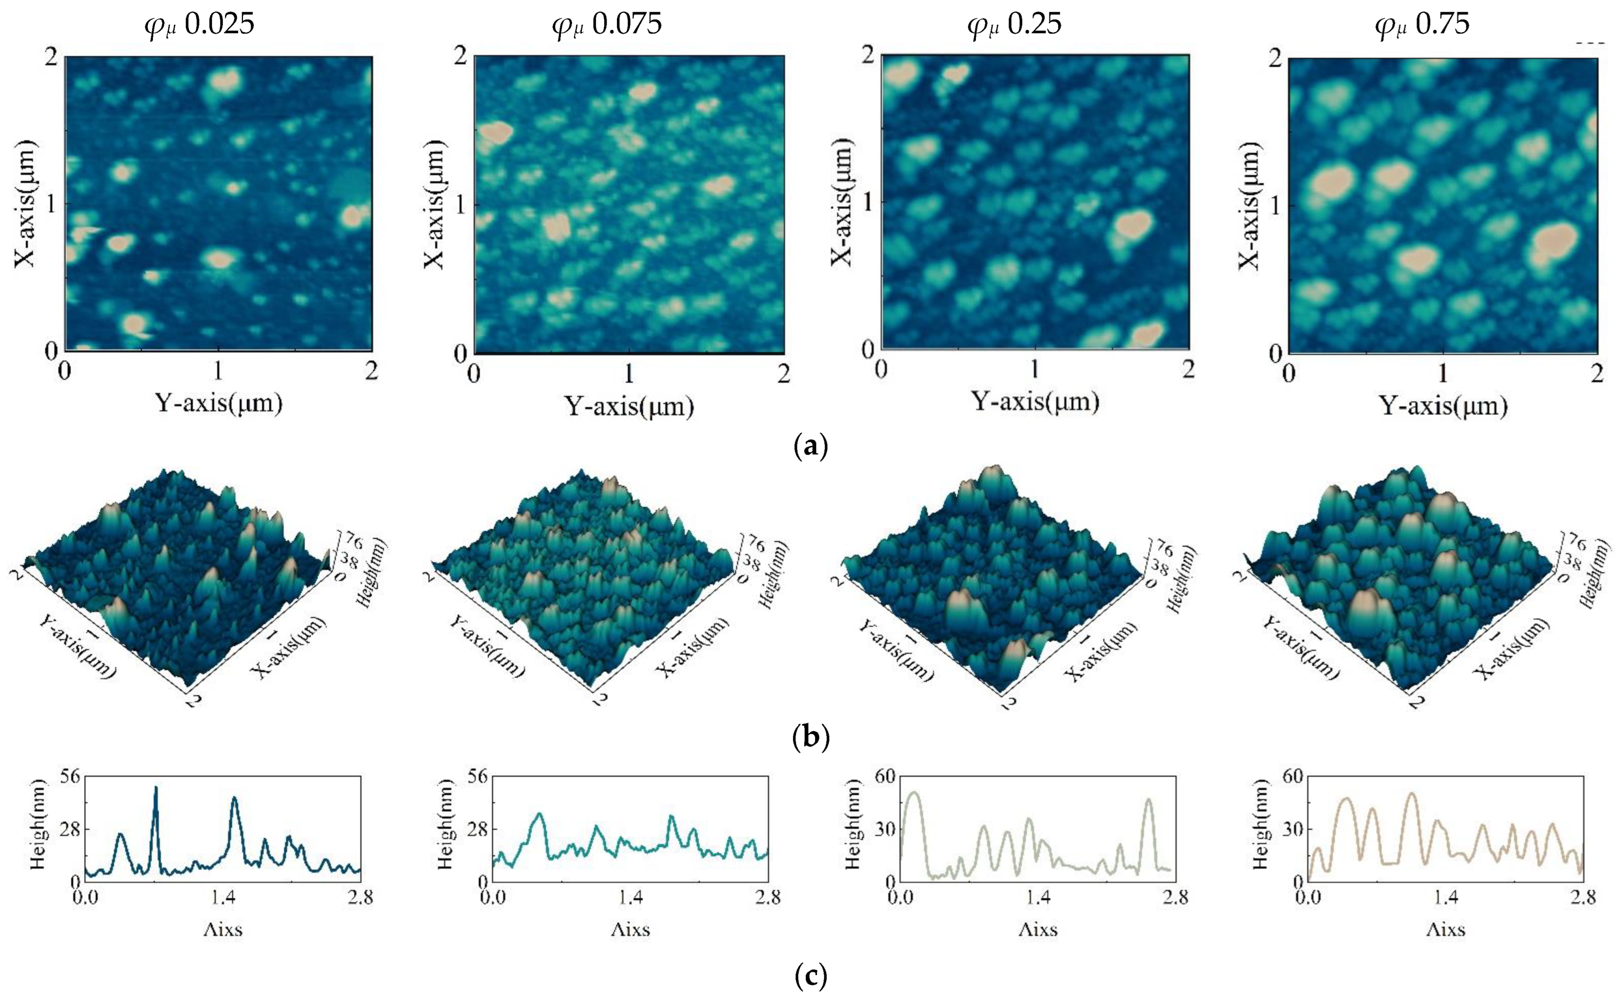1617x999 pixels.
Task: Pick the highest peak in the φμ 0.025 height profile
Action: [x=156, y=788]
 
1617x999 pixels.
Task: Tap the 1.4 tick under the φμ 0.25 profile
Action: [x=1038, y=897]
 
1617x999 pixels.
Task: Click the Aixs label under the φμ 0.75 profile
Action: [x=1445, y=930]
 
